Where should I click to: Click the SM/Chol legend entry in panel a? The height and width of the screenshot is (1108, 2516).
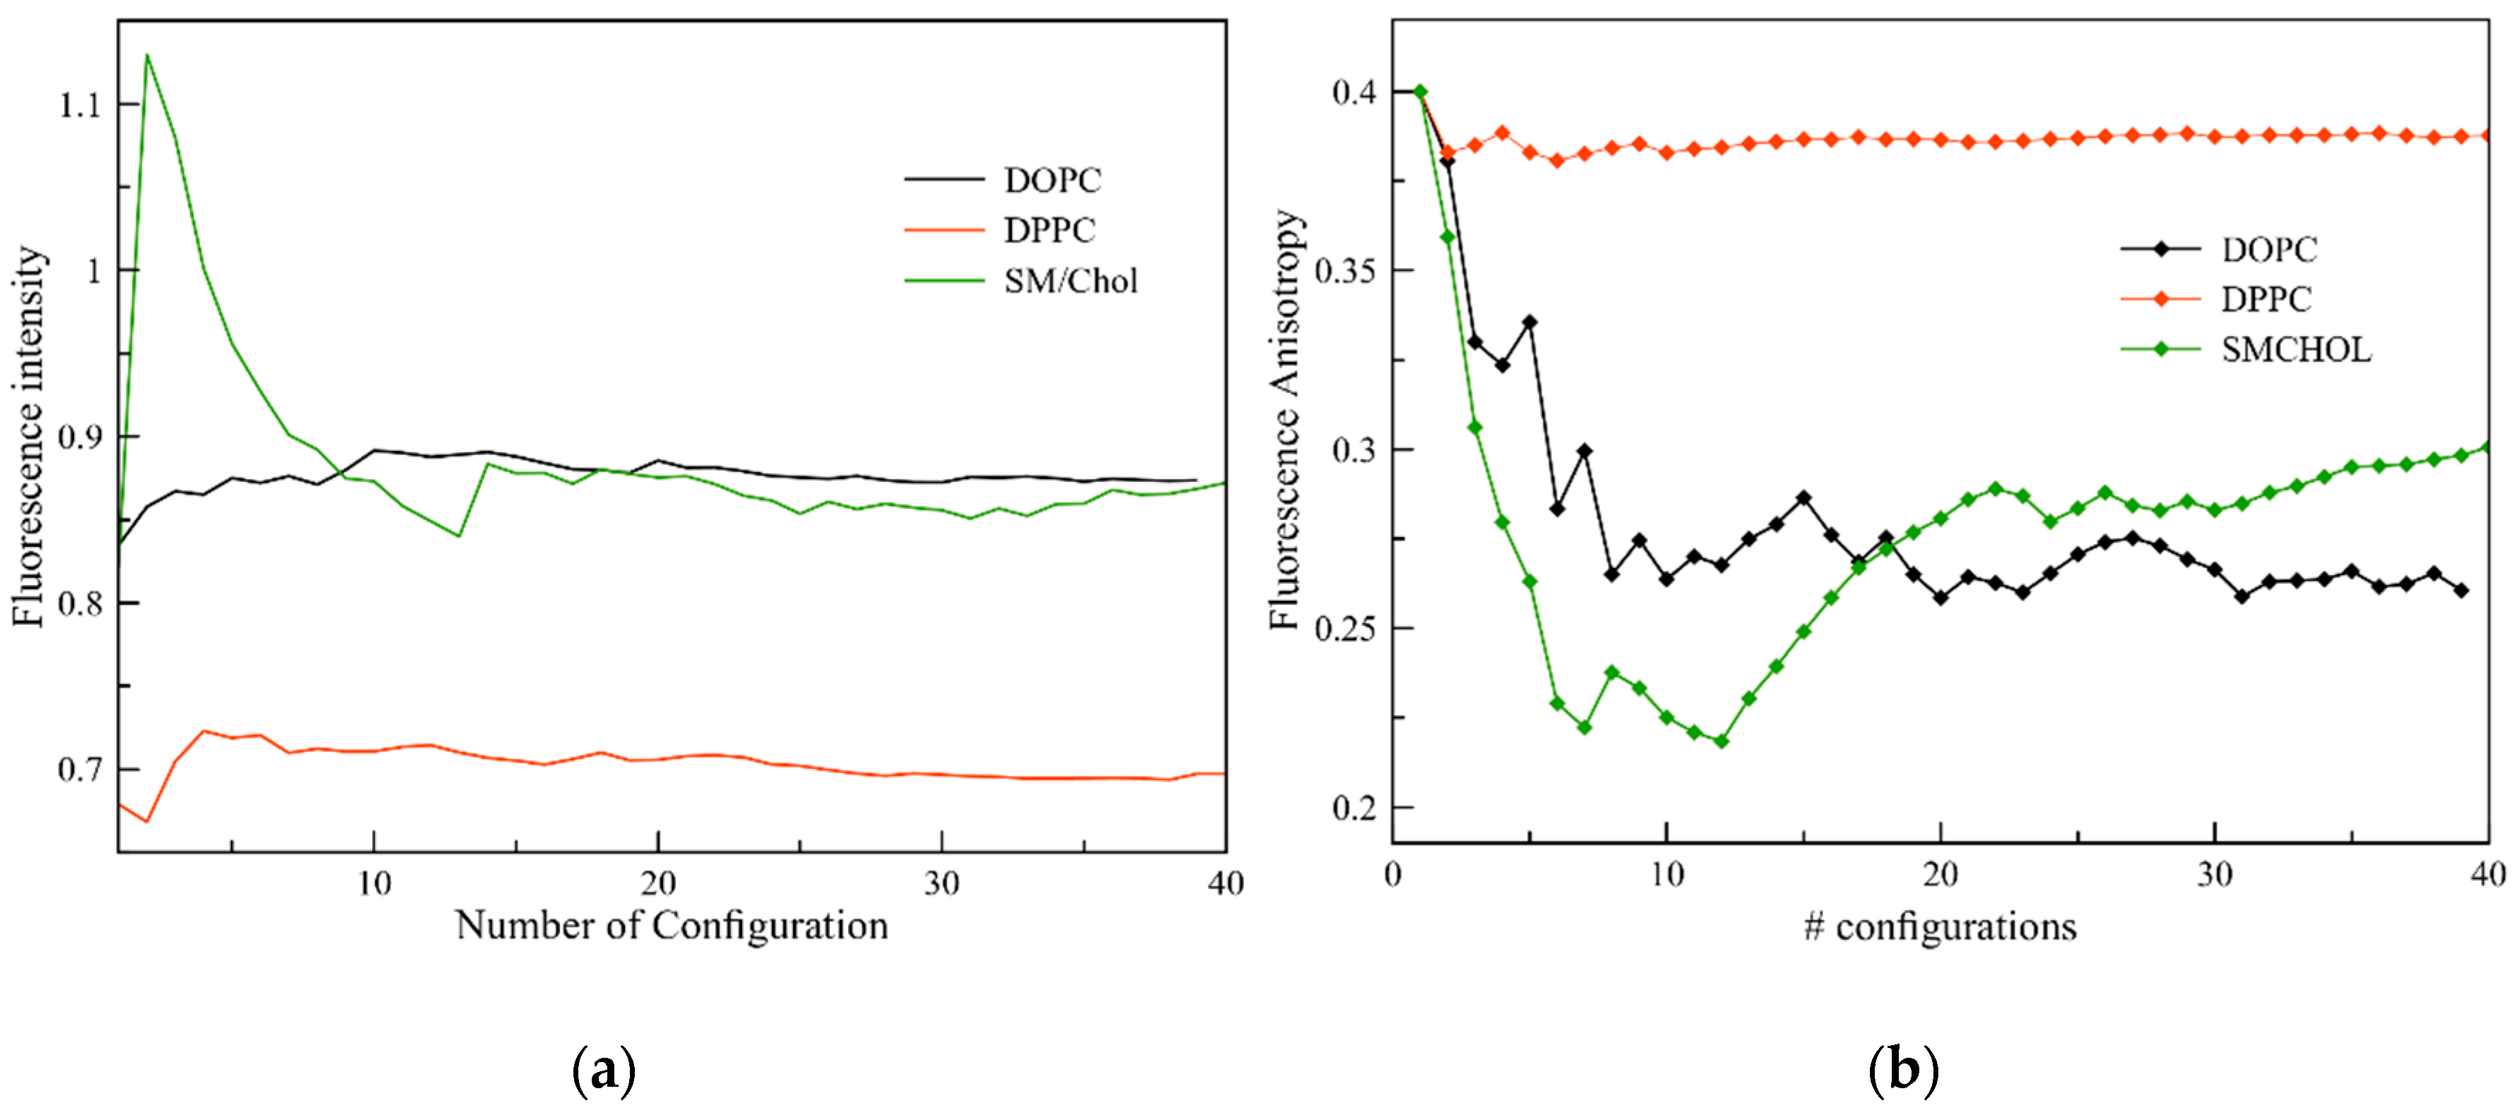(1071, 281)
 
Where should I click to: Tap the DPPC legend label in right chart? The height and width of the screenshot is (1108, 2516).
(2266, 299)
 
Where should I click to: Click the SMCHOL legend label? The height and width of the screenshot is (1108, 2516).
(2295, 350)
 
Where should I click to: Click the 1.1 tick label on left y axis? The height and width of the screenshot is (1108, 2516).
(80, 105)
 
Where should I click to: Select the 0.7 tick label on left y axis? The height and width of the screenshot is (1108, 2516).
(80, 770)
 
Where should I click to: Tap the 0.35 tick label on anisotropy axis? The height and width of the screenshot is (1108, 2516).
(1345, 271)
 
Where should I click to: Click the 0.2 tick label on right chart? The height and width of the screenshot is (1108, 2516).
(1354, 808)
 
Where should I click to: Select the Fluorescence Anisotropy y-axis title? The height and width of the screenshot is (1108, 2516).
(1285, 420)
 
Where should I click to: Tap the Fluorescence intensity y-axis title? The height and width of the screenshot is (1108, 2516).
(29, 436)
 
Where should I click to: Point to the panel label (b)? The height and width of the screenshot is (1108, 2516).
(1902, 1071)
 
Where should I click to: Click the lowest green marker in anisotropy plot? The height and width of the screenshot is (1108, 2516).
(1721, 741)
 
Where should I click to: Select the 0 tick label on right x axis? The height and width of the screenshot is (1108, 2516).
(1393, 873)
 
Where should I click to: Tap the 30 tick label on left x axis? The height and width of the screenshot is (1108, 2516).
(941, 883)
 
